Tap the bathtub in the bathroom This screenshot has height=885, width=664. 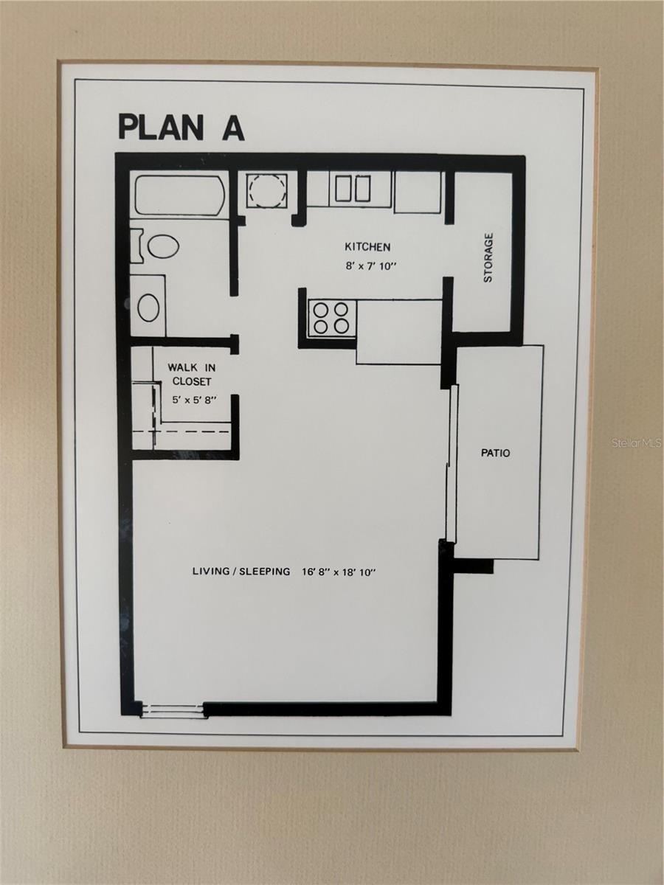181,195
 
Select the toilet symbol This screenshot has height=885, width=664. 159,246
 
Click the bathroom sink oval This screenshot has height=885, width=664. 148,307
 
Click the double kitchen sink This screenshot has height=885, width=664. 353,189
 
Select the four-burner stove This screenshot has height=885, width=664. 331,318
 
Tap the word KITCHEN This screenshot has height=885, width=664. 367,247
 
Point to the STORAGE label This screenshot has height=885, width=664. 488,258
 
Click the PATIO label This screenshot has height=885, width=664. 495,453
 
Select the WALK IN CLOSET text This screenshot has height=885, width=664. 191,374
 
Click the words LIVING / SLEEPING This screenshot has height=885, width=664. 241,571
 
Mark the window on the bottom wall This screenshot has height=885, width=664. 173,709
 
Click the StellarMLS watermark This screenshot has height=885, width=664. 637,443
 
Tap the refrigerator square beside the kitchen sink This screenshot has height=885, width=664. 418,192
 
